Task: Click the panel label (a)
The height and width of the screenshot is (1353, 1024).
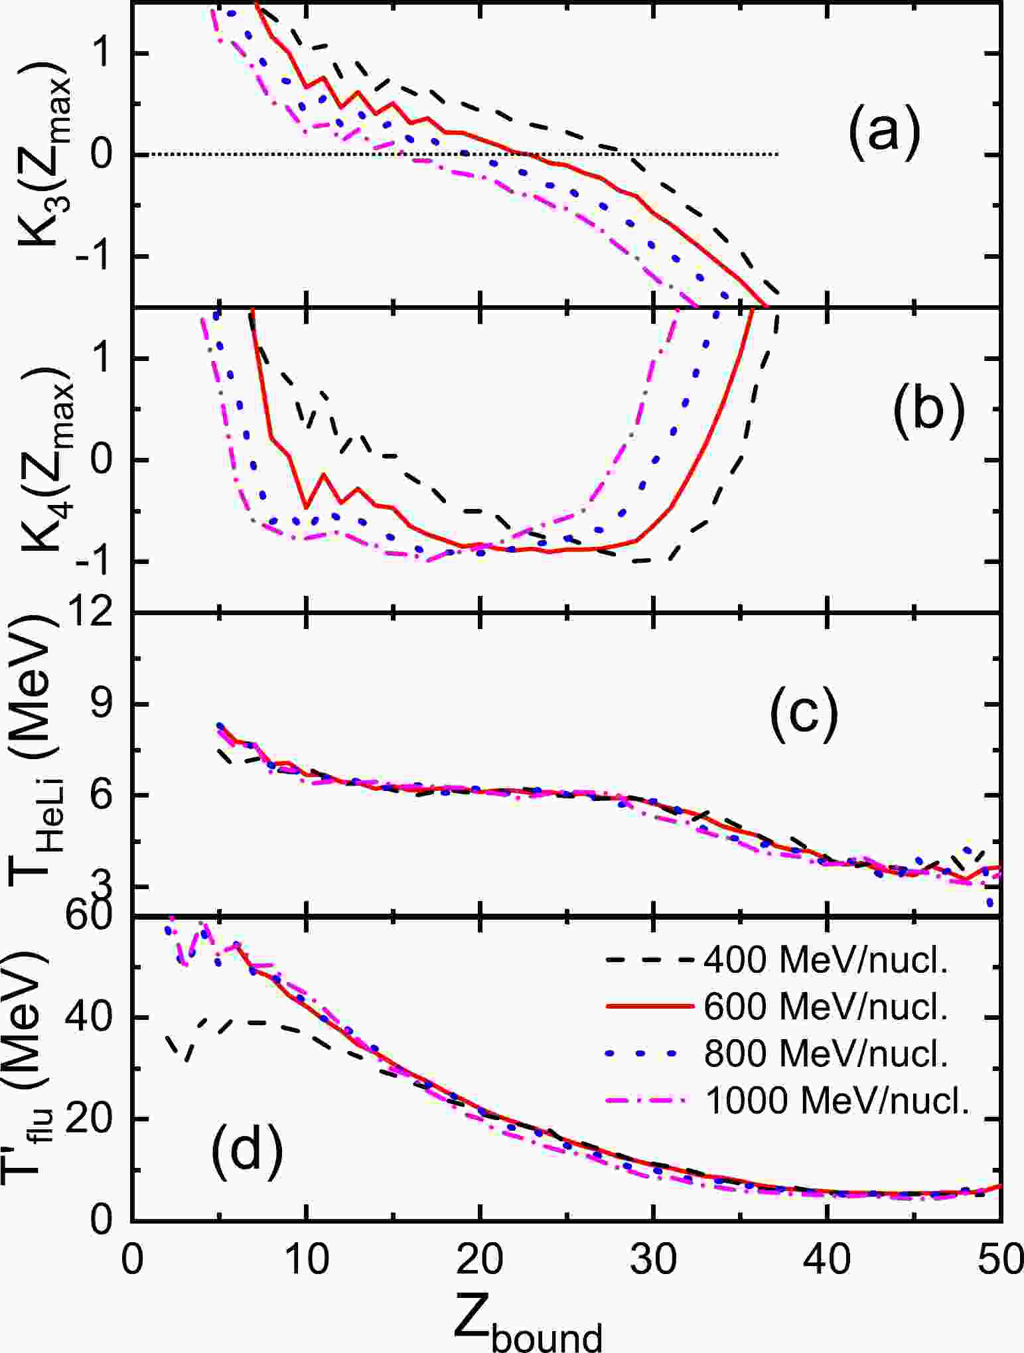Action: (883, 132)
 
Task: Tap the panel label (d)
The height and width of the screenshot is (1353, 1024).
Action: (247, 1151)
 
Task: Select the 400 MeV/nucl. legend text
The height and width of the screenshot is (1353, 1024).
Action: (826, 960)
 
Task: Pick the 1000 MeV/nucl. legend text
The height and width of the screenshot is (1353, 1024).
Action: (838, 1102)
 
